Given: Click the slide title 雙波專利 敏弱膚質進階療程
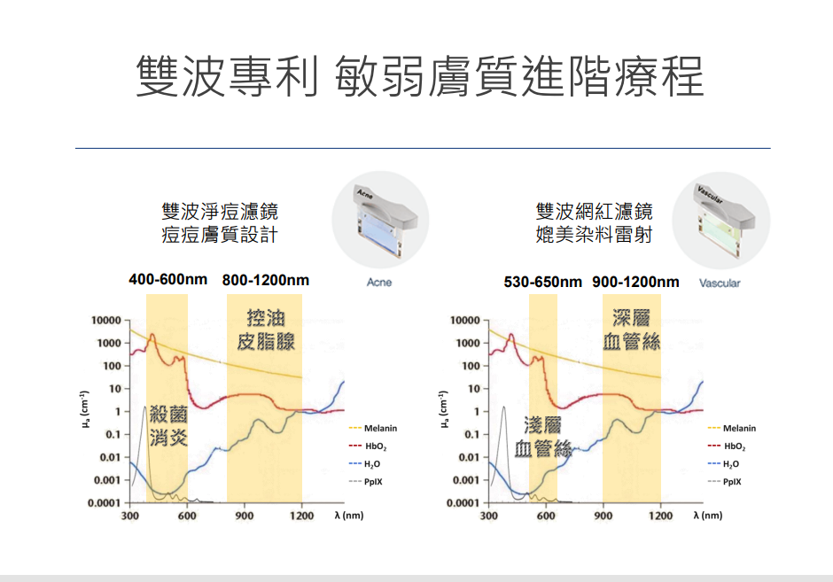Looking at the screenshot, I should click(420, 76).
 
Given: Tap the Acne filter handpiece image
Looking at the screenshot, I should click(379, 221).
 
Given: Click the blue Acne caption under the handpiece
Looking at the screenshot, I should click(379, 283).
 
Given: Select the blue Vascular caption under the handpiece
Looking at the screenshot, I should click(720, 283).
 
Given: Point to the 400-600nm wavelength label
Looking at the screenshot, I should click(167, 280).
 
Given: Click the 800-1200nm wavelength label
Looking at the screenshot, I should click(266, 280).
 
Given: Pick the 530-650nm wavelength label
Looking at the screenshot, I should click(542, 282).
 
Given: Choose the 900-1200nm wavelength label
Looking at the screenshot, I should click(635, 282).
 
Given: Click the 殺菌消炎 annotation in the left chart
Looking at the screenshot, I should click(167, 425).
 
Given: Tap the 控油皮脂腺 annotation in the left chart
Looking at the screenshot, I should click(266, 330).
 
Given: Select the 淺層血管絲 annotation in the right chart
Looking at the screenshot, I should click(542, 436).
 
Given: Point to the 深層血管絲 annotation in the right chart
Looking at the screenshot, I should click(632, 330).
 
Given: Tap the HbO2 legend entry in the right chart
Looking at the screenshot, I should click(735, 446).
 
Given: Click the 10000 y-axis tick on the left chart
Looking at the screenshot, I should click(104, 320).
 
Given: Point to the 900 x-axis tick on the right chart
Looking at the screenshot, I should click(603, 516).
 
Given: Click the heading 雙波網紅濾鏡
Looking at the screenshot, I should click(594, 212).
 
